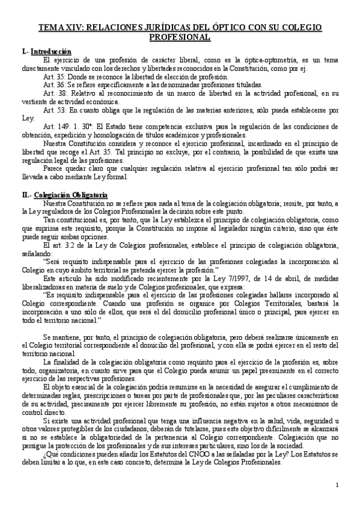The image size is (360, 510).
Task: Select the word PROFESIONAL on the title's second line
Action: click(x=180, y=37)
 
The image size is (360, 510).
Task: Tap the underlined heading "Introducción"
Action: click(x=51, y=52)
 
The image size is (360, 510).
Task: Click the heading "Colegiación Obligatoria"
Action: click(x=71, y=195)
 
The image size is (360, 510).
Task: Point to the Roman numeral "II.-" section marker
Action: click(x=26, y=195)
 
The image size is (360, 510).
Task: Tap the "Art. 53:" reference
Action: click(x=53, y=111)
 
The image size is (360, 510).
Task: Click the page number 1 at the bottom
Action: click(x=337, y=485)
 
